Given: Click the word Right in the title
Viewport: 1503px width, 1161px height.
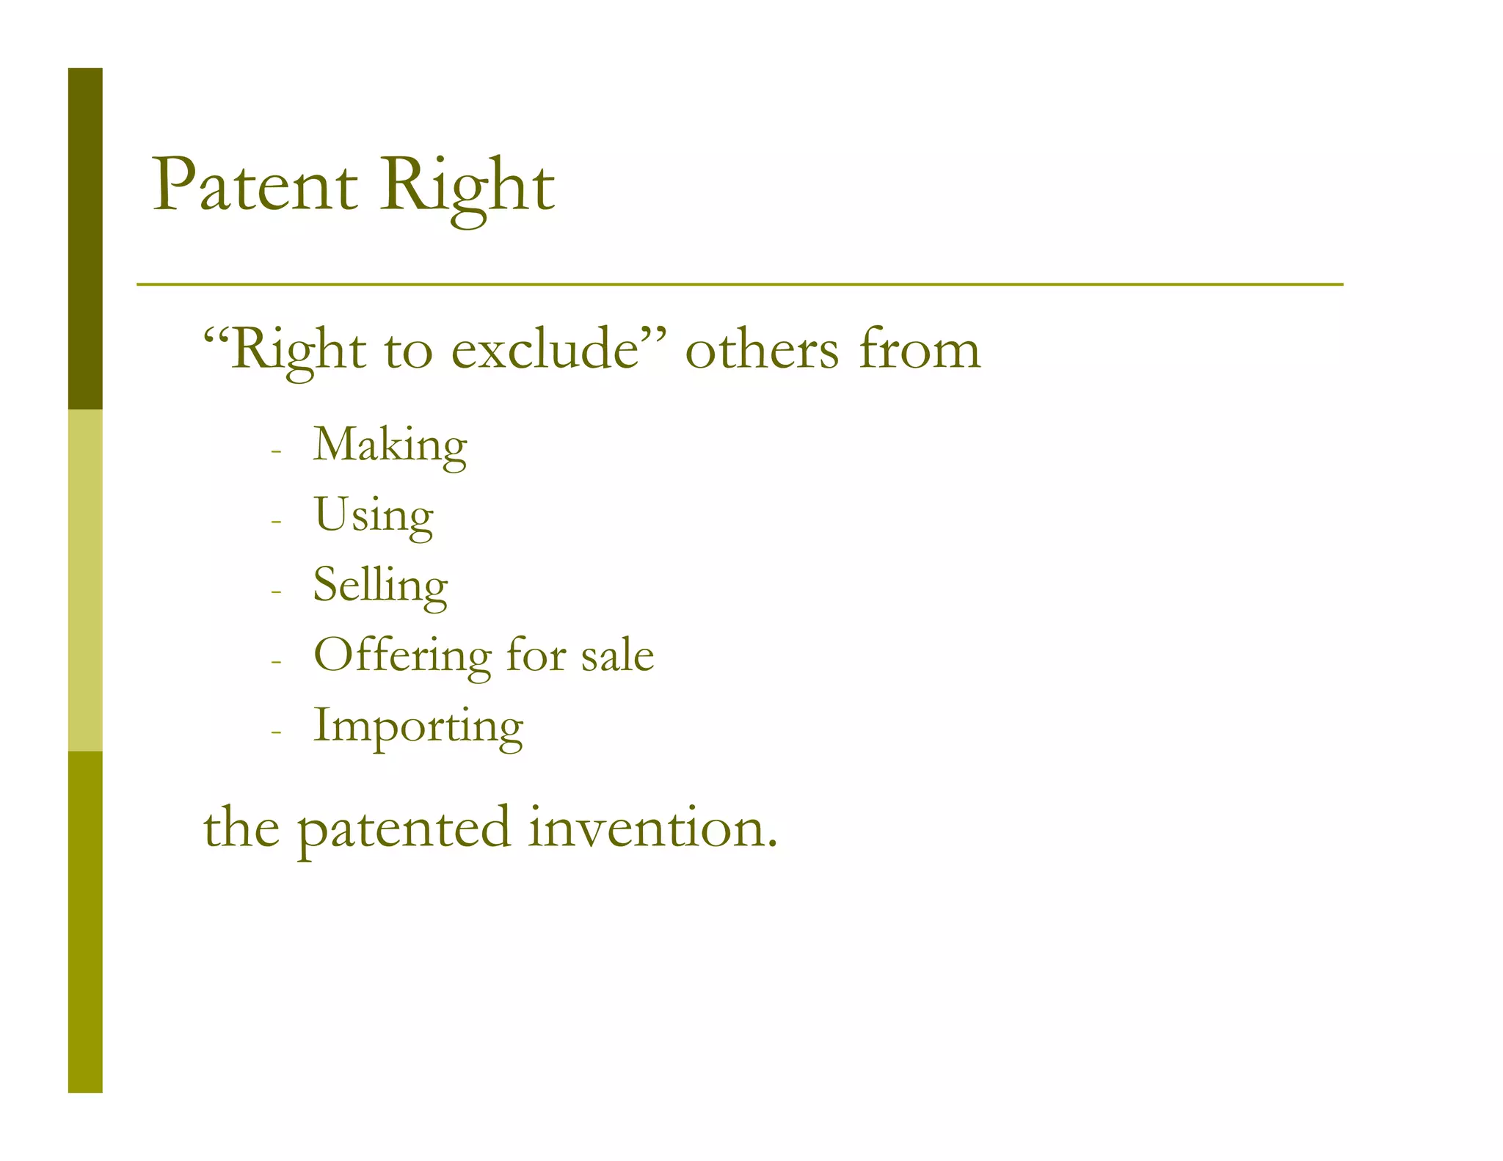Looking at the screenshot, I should pyautogui.click(x=467, y=186).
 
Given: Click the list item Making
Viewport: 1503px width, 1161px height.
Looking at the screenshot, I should pyautogui.click(x=390, y=445).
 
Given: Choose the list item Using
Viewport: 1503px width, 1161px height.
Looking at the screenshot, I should pyautogui.click(x=373, y=515).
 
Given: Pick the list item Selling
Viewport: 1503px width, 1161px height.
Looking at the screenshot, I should pyautogui.click(x=380, y=586).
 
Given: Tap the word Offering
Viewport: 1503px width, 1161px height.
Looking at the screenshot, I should pyautogui.click(x=401, y=655).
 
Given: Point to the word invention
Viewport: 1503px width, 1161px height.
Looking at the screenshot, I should pyautogui.click(x=652, y=828).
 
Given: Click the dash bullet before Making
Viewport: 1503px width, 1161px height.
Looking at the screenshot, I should pyautogui.click(x=276, y=451).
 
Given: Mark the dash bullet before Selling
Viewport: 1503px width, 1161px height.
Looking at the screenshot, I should pyautogui.click(x=276, y=592).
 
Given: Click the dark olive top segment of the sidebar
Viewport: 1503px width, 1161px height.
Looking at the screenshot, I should pyautogui.click(x=85, y=239).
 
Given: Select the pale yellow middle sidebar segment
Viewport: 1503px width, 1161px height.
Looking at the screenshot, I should pyautogui.click(x=85, y=580).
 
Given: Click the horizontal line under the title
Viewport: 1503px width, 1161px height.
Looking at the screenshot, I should pyautogui.click(x=739, y=284).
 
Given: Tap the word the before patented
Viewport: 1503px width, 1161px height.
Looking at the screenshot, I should pyautogui.click(x=241, y=828).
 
